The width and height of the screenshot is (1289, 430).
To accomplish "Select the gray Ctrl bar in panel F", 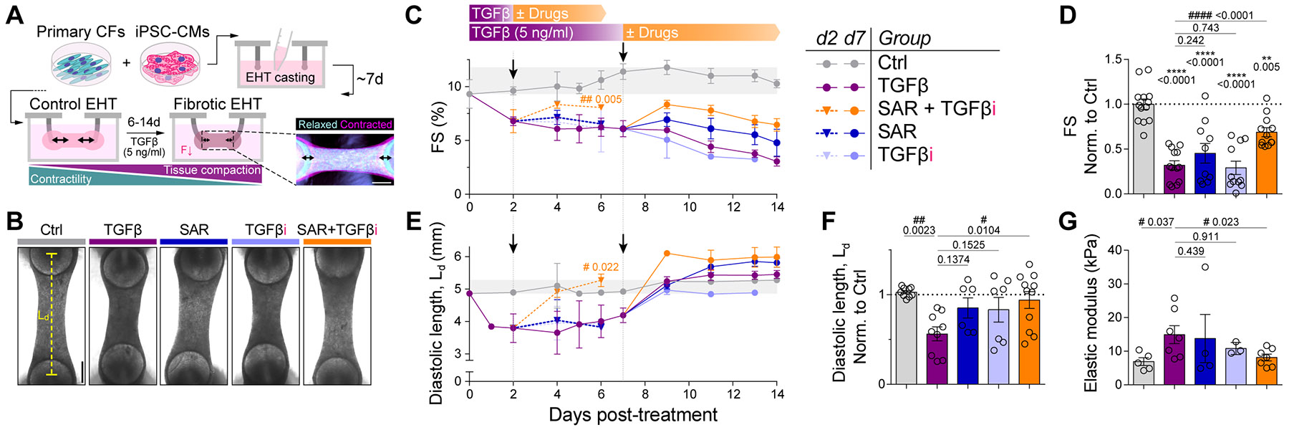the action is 907,338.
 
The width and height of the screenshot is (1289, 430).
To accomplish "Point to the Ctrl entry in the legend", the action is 892,63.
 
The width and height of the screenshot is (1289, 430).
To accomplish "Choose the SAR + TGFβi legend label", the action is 937,109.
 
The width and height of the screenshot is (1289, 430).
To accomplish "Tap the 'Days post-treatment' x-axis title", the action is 633,415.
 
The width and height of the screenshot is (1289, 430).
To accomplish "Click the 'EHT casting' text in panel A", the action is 280,77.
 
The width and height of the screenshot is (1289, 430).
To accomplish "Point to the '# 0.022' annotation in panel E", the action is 601,267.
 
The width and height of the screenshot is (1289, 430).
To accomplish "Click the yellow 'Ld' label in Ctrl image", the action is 43,315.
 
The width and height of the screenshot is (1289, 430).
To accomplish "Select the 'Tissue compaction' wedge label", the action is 212,170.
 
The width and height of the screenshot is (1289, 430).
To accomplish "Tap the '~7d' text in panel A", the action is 370,78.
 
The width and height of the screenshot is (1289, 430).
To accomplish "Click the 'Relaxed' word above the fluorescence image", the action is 317,125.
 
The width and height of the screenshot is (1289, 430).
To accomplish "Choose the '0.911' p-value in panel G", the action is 1207,236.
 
